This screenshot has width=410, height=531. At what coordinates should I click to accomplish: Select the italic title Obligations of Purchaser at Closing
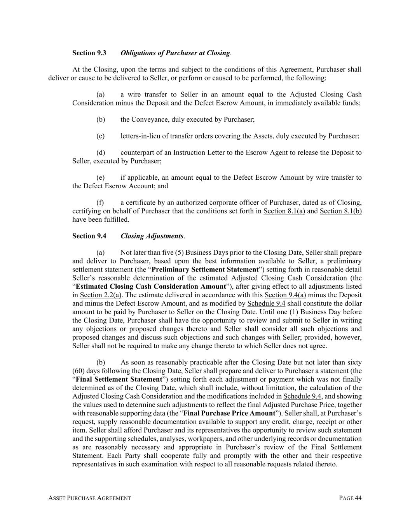(x=176, y=53)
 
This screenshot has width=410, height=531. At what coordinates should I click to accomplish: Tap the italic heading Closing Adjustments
(x=152, y=236)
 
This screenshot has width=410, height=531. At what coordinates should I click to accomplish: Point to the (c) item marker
(x=101, y=136)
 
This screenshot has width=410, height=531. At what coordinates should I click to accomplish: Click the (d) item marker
(x=101, y=152)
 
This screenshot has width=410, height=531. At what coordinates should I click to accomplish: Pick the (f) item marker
(x=100, y=203)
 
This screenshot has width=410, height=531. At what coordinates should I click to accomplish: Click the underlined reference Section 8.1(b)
(x=340, y=211)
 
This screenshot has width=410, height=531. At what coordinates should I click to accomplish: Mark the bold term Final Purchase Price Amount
(x=229, y=413)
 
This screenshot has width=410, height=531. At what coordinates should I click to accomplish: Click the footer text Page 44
(x=350, y=498)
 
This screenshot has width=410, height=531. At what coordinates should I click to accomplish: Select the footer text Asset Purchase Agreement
(x=89, y=498)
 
